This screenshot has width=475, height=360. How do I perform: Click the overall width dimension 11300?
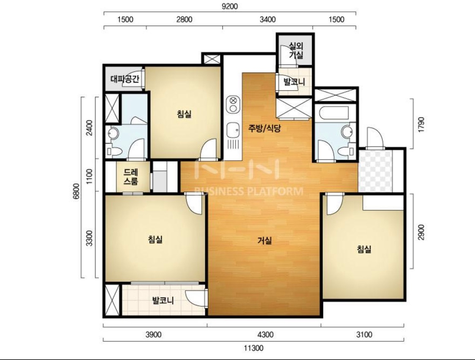click(254, 348)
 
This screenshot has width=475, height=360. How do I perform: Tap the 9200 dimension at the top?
click(230, 6)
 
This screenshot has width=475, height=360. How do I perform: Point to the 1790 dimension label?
click(421, 124)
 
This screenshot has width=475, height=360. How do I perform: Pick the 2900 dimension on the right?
click(421, 232)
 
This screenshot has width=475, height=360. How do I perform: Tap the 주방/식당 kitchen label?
click(264, 128)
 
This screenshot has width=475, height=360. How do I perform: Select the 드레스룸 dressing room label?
click(131, 177)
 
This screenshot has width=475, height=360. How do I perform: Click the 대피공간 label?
click(125, 79)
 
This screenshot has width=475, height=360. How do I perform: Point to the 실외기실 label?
click(296, 51)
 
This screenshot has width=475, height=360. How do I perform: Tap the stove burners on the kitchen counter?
click(233, 104)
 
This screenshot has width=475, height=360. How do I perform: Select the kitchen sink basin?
click(233, 130)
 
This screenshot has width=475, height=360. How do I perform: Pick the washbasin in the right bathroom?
click(347, 132)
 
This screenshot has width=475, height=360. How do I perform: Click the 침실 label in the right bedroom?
click(364, 249)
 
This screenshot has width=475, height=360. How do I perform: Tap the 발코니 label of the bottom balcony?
click(163, 300)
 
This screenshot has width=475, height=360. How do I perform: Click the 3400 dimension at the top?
click(268, 19)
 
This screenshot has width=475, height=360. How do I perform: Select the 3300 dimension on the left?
click(89, 238)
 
